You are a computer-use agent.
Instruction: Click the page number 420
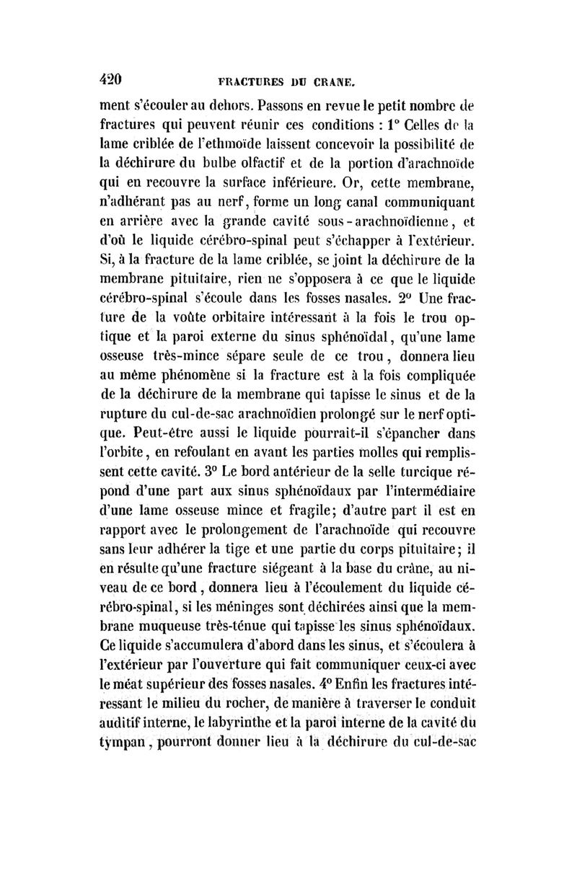(115, 78)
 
